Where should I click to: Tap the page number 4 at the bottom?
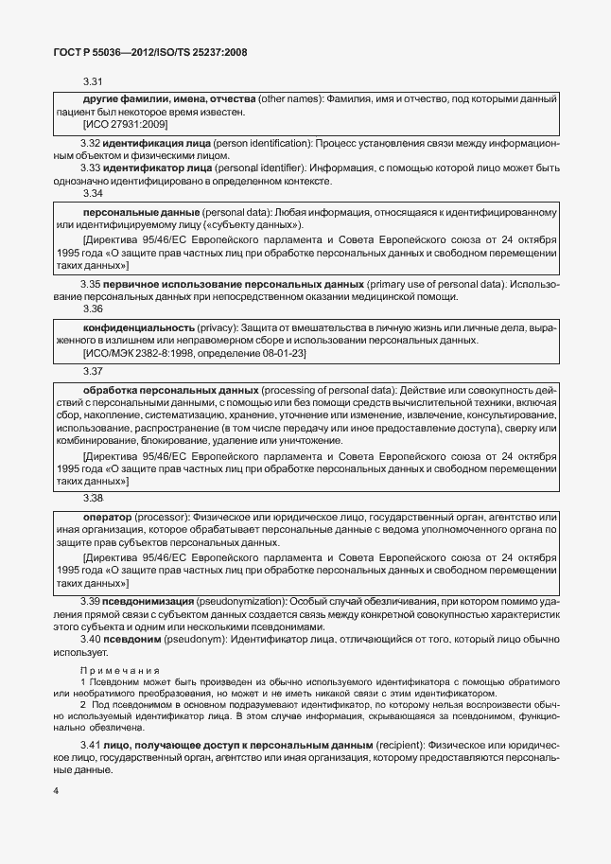point(56,790)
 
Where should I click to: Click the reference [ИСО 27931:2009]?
point(126,125)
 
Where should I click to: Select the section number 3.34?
point(94,192)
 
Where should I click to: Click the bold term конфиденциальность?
point(139,326)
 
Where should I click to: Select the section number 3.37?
point(94,372)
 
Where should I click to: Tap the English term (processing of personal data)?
point(329,390)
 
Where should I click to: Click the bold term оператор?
point(107,518)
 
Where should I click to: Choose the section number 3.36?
point(94,309)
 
